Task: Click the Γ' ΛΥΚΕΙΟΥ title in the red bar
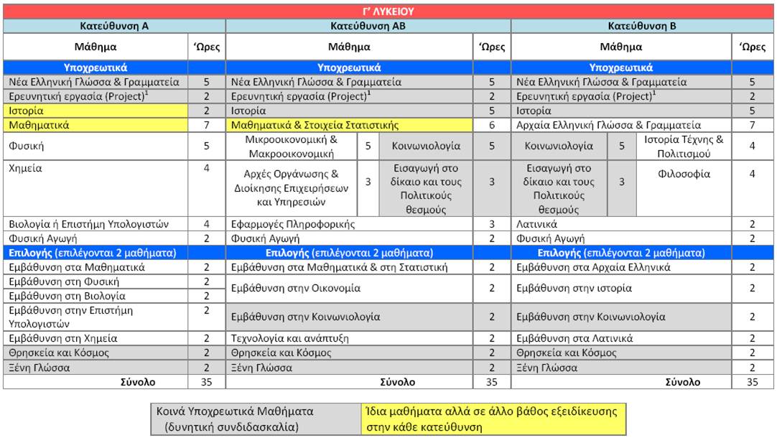[388, 11]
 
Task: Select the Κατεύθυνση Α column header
[114, 26]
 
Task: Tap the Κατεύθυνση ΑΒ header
[368, 26]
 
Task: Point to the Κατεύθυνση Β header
[643, 26]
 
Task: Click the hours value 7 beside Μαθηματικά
[206, 125]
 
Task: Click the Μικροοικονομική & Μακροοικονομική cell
[291, 146]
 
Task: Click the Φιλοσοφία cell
[683, 174]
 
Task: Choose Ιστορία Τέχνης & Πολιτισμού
[683, 146]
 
